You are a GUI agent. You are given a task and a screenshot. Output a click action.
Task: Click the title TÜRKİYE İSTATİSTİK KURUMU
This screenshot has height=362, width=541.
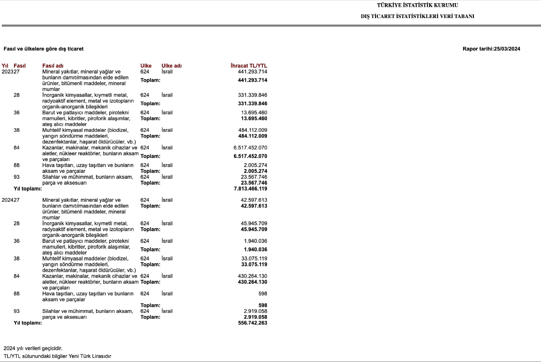(x=417, y=5)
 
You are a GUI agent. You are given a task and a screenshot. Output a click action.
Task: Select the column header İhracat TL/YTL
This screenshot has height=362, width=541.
(x=249, y=66)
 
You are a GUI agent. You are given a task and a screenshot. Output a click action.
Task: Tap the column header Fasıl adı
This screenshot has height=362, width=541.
(x=53, y=66)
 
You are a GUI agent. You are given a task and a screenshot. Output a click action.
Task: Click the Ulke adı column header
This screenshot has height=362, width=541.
(x=171, y=66)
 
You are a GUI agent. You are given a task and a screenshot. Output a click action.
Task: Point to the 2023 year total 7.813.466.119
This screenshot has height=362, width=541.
(x=248, y=189)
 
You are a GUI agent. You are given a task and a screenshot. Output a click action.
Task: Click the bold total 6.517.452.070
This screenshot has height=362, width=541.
(x=250, y=156)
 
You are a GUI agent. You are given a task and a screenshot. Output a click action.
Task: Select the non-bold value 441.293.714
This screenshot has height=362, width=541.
(x=252, y=72)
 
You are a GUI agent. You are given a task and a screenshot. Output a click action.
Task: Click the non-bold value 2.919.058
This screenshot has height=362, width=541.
(x=255, y=311)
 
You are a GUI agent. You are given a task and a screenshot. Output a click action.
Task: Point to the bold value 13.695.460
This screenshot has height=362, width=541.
(x=254, y=118)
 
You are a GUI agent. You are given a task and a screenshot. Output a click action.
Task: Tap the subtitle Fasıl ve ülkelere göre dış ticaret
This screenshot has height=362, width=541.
(x=43, y=49)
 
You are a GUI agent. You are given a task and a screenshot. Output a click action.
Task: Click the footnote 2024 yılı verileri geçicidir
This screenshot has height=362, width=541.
(x=33, y=348)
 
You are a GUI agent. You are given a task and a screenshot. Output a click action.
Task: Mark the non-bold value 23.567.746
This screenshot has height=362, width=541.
(x=254, y=177)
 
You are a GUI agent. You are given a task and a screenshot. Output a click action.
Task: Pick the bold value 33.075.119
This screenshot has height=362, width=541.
(x=254, y=264)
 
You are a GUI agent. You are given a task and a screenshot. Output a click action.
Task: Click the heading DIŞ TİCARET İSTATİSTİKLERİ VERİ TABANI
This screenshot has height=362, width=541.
(x=417, y=16)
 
